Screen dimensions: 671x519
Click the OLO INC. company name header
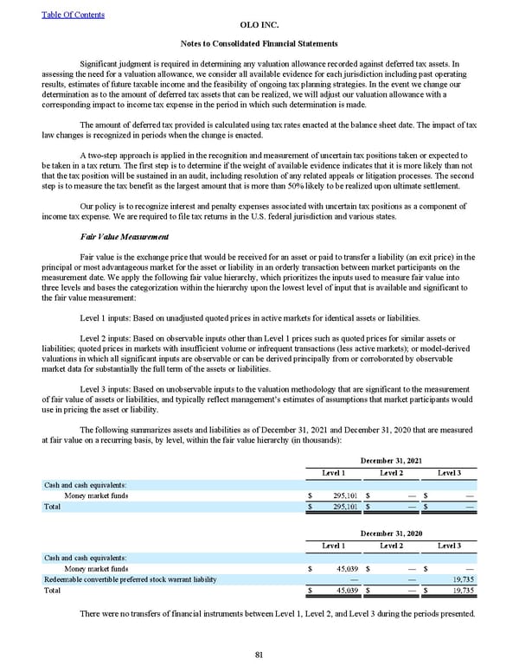(259, 26)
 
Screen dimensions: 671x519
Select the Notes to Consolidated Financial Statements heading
(259, 43)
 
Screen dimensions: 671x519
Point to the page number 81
(259, 655)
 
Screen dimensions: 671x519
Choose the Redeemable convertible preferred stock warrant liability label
(130, 579)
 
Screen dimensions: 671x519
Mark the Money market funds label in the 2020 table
(97, 569)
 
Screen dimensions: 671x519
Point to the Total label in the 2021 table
(52, 507)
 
